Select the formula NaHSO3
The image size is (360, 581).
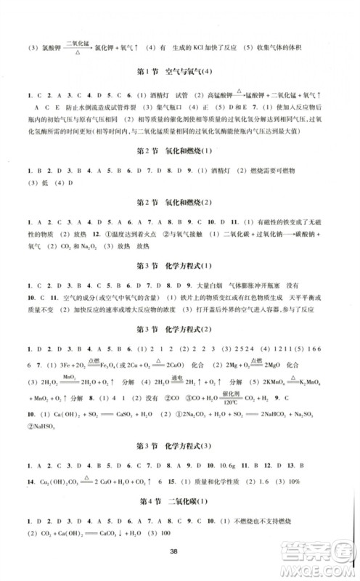[x=41, y=426]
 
